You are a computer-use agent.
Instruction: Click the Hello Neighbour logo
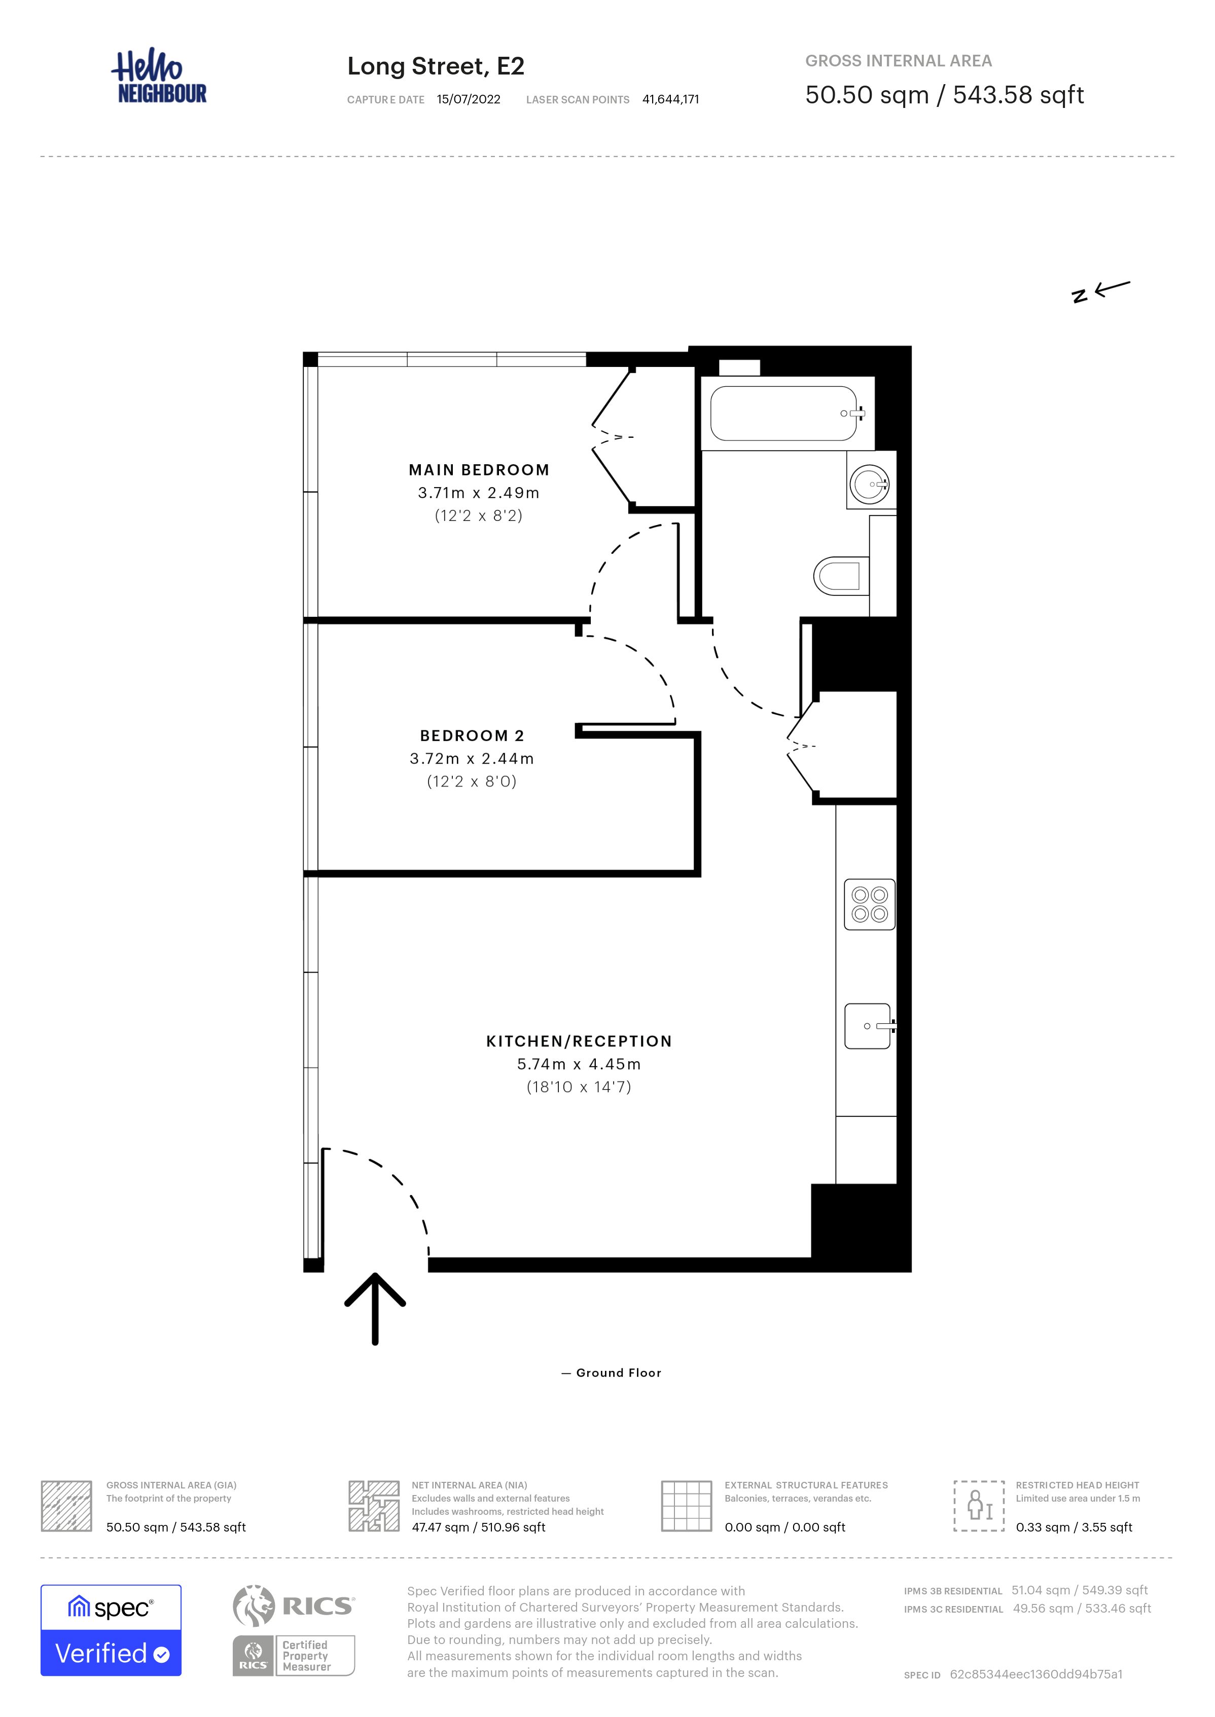159,77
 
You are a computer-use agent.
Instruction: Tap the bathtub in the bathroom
783,413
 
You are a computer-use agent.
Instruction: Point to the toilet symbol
840,575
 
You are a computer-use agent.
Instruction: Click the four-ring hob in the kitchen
869,904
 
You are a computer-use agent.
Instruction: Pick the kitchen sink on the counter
868,1026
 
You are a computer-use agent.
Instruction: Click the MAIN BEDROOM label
479,470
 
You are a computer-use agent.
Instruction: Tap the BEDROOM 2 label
472,736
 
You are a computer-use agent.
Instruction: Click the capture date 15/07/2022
469,99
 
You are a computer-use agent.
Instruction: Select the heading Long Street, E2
436,66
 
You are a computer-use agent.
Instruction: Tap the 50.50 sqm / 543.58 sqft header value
944,95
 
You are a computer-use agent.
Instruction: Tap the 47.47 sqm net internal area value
478,1527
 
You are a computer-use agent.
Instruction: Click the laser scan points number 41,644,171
670,99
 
